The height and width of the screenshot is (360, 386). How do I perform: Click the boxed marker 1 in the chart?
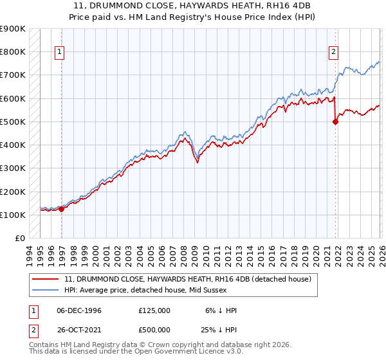click(x=59, y=53)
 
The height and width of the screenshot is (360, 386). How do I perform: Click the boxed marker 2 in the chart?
click(x=334, y=53)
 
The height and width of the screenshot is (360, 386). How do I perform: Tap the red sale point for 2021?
click(x=335, y=122)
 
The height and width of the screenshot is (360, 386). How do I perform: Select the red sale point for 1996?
click(x=61, y=208)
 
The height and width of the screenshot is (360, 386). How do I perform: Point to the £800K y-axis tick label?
click(x=13, y=52)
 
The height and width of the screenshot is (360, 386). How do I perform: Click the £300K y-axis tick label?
click(x=13, y=168)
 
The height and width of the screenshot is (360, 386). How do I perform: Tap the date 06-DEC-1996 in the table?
click(x=79, y=310)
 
